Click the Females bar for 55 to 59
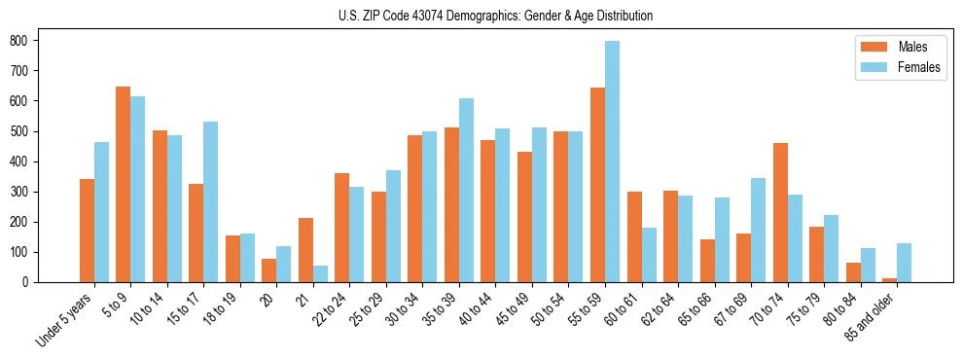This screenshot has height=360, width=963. pos(612,162)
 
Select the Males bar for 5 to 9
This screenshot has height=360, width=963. pos(123,185)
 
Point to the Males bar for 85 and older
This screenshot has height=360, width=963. pos(889,280)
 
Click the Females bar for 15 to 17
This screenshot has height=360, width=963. pos(210,202)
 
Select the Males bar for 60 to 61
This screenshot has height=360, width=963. pos(634,237)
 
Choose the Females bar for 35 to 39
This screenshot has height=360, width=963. pos(466,191)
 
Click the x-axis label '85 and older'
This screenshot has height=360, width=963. pos(873,316)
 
